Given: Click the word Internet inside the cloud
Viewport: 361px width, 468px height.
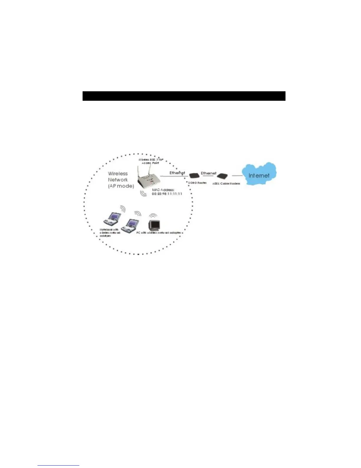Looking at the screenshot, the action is tap(259, 175).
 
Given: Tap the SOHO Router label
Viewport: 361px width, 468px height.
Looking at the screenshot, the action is tap(197, 183).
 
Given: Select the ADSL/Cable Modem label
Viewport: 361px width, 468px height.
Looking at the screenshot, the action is tap(226, 183).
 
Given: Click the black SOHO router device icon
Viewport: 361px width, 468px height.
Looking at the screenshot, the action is tap(194, 176).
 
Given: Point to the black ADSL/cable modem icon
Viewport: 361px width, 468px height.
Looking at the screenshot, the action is tap(222, 176).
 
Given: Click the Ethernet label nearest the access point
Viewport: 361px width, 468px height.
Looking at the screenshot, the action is tap(177, 173).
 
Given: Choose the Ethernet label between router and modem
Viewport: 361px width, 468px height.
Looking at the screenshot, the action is tap(209, 173).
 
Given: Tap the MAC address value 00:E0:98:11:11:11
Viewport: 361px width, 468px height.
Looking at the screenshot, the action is tap(167, 194).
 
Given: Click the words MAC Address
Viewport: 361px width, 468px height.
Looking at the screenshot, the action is tap(163, 190).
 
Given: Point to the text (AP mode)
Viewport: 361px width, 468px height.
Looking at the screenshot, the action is tap(121, 186).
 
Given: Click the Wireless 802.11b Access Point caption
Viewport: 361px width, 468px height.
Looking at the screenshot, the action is tap(150, 161).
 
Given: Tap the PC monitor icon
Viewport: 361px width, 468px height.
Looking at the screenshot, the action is tap(154, 226).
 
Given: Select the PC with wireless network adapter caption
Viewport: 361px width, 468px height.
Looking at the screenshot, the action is tap(159, 233).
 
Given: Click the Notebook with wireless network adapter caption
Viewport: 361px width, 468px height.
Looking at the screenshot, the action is tap(110, 233).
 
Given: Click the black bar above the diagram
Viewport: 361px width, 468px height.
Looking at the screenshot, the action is tap(184, 96).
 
